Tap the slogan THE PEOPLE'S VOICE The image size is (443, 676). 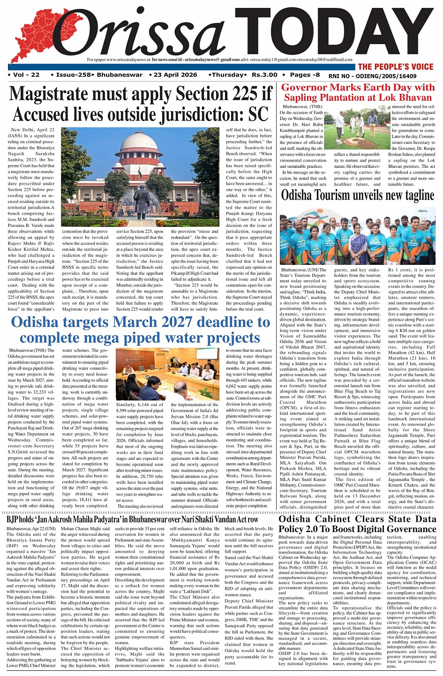point(395,67)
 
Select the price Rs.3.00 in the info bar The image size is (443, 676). point(264,75)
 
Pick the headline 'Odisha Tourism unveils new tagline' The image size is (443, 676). point(358,195)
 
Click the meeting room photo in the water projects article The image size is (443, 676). point(167,373)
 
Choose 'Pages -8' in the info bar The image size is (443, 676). point(305,75)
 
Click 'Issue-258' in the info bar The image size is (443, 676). point(72,75)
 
